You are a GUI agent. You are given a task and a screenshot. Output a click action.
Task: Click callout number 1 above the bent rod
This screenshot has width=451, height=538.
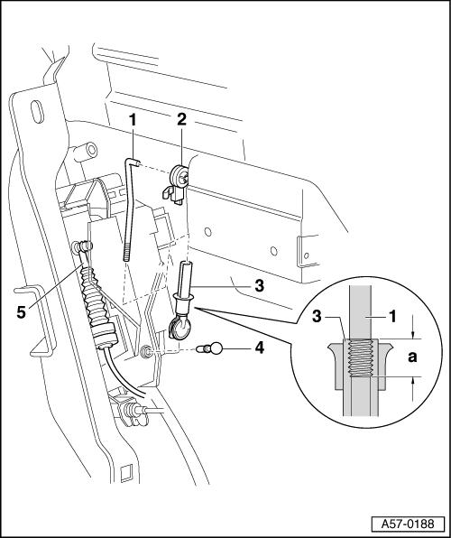pos(133,120)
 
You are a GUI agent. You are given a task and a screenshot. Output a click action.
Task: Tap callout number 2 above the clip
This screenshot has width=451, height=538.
pos(181,120)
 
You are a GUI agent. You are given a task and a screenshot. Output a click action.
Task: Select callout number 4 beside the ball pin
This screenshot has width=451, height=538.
pos(259,348)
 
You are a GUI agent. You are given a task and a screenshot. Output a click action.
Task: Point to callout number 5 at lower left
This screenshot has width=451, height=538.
pos(22,312)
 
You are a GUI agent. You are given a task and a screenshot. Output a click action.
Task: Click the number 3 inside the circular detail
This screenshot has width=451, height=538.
pos(317,316)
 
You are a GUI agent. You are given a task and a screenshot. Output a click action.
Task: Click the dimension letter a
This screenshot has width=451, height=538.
pos(412,357)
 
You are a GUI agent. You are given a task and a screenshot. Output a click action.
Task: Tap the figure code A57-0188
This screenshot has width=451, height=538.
pos(408,524)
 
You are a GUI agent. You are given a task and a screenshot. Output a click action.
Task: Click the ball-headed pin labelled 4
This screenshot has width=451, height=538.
pos(210,349)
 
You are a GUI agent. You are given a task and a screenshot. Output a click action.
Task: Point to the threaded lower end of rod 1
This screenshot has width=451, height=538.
pos(126,252)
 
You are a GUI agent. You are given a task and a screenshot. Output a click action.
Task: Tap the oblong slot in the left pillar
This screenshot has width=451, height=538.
pos(37,112)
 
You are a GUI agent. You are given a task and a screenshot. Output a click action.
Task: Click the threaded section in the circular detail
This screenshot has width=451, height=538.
pos(360,357)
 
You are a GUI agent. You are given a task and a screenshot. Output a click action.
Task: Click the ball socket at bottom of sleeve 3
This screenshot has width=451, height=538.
pos(179,328)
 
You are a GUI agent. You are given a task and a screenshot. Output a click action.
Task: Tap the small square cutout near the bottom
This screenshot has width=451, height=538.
pos(126,471)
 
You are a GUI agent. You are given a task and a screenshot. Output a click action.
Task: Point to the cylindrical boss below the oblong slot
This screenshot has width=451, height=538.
pos(86,152)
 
